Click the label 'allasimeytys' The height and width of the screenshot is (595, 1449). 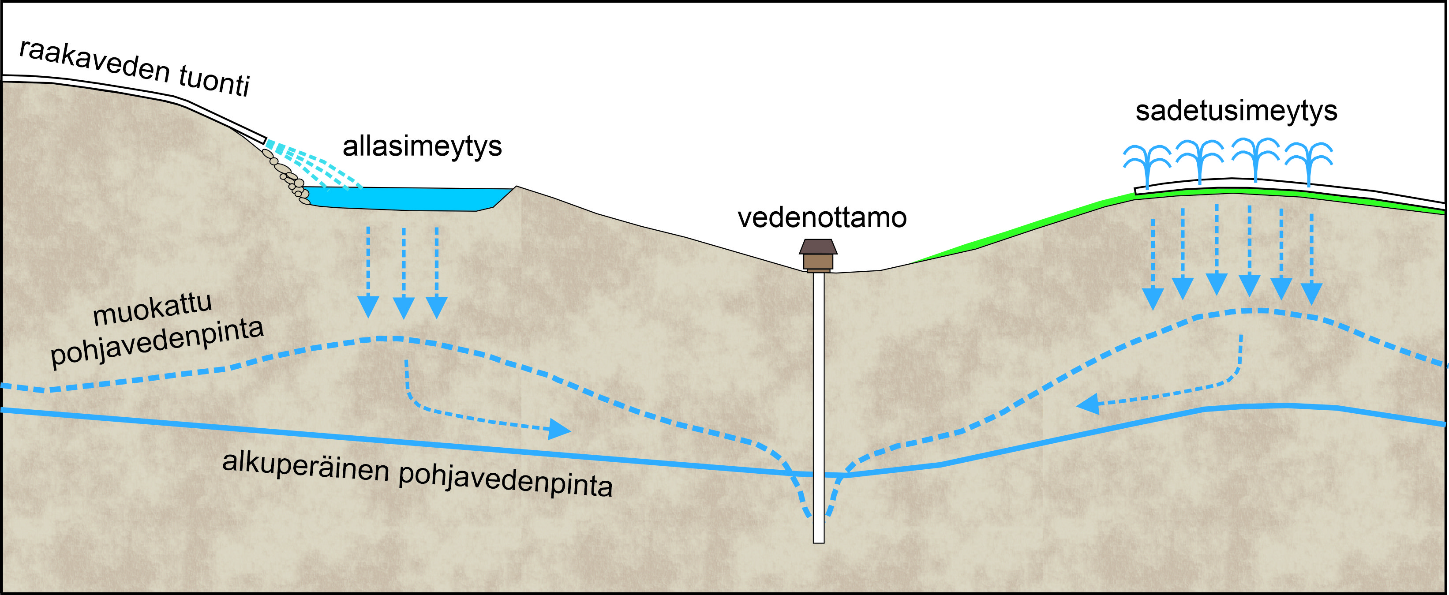(x=422, y=146)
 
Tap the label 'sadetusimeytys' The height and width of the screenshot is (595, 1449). (x=1236, y=111)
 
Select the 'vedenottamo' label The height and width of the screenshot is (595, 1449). (x=822, y=217)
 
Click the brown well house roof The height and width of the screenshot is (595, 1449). (x=818, y=246)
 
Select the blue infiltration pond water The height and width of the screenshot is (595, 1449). (x=405, y=198)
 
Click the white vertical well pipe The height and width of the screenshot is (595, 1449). (x=818, y=405)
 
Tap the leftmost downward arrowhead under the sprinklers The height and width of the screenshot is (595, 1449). (x=1153, y=298)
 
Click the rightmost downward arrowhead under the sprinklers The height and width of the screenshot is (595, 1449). (x=1312, y=294)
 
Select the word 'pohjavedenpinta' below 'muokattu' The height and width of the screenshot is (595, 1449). (x=157, y=343)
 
